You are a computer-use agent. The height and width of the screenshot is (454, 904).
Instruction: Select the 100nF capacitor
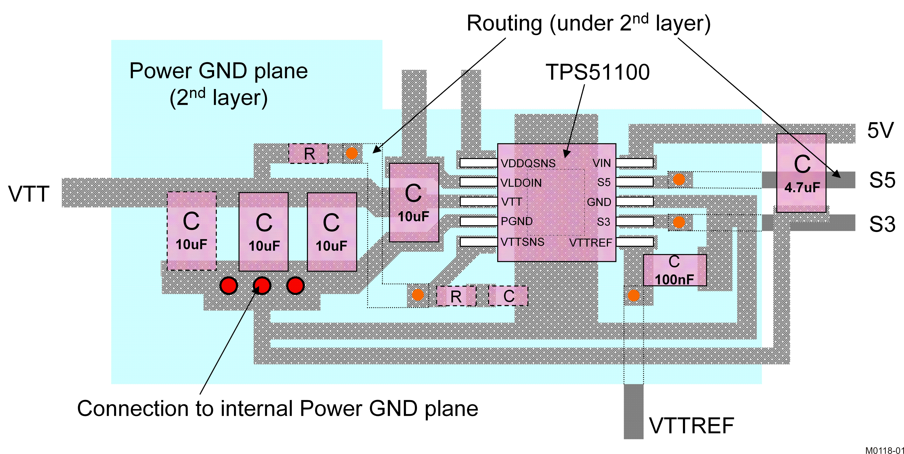pyautogui.click(x=674, y=270)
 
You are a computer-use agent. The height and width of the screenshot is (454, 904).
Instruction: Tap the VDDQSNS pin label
pyautogui.click(x=528, y=163)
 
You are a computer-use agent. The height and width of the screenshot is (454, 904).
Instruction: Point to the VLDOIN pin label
pyautogui.click(x=521, y=183)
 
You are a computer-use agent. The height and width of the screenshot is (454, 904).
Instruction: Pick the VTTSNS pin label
pyautogui.click(x=522, y=242)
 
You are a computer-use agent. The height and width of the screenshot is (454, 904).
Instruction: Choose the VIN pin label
pyautogui.click(x=601, y=163)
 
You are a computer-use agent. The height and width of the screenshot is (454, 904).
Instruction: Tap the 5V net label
pyautogui.click(x=880, y=131)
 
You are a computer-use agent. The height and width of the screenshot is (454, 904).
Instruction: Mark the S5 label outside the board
pyautogui.click(x=882, y=180)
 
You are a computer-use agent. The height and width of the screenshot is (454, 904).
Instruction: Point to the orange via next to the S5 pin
pyautogui.click(x=679, y=179)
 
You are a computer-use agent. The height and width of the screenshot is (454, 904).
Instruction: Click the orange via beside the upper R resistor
pyautogui.click(x=352, y=153)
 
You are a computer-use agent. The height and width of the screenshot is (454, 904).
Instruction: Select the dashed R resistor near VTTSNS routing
pyautogui.click(x=456, y=296)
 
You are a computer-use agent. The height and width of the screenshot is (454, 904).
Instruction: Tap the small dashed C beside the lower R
pyautogui.click(x=509, y=296)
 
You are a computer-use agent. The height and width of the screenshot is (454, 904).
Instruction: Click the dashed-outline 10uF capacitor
pyautogui.click(x=192, y=231)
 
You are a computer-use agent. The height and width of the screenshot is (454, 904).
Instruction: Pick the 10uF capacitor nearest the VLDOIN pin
pyautogui.click(x=414, y=202)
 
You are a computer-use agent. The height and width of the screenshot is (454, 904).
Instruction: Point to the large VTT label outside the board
pyautogui.click(x=29, y=194)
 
